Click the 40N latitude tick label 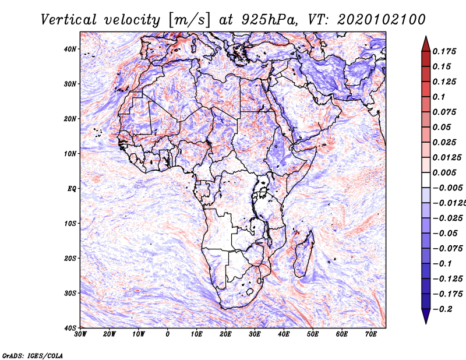[x=70, y=49]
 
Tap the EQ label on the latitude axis [x=72, y=189]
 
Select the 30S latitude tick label [x=70, y=293]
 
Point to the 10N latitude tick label [x=70, y=154]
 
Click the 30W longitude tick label [x=80, y=334]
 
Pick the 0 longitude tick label [x=168, y=334]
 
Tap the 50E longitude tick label [x=313, y=334]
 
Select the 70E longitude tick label [x=370, y=334]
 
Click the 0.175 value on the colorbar [x=444, y=51]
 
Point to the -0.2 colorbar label [x=442, y=309]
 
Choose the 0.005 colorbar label [x=444, y=172]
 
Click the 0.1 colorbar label [x=439, y=97]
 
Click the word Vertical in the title [x=69, y=20]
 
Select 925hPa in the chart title [x=269, y=20]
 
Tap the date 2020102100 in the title [x=382, y=20]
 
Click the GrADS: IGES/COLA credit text [x=33, y=356]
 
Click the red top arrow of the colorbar [x=426, y=44]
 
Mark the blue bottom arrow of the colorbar [x=426, y=316]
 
